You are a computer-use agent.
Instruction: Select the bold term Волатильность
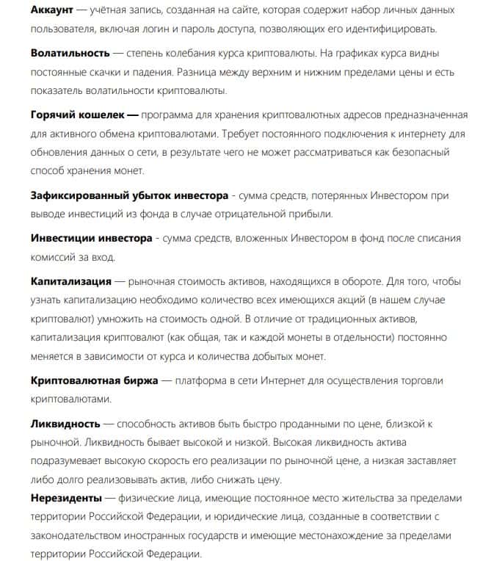coord(70,54)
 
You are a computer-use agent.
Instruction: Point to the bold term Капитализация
coord(71,280)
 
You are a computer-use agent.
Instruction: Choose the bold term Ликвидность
coord(65,424)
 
